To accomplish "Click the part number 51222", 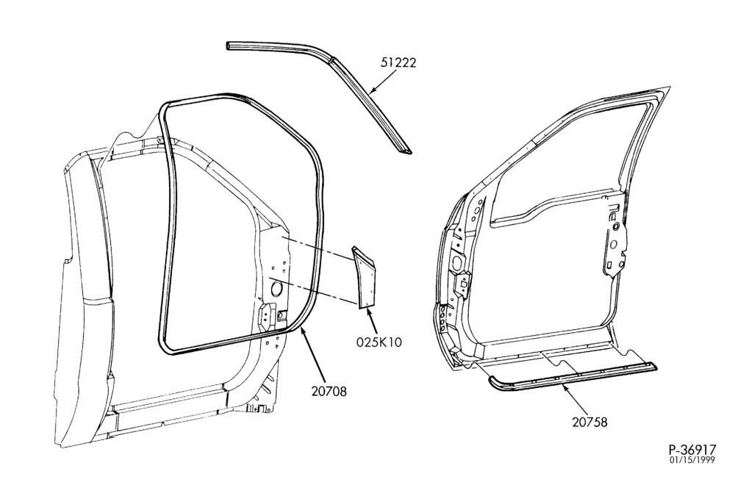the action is coord(398,62).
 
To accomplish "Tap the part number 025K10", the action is coord(379,342).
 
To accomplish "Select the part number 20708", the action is coord(329,391).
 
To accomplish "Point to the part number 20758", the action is coord(589,422).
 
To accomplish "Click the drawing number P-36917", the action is coord(692,450).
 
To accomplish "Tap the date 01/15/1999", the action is coord(692,460).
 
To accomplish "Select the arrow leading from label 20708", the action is coord(313,355).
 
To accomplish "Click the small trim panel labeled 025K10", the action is coord(365,277).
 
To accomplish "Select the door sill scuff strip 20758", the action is coord(572,373).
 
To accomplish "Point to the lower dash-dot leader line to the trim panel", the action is coord(312,292).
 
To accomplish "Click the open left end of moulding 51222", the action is coord(229,46).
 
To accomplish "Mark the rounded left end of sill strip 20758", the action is coord(490,378).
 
